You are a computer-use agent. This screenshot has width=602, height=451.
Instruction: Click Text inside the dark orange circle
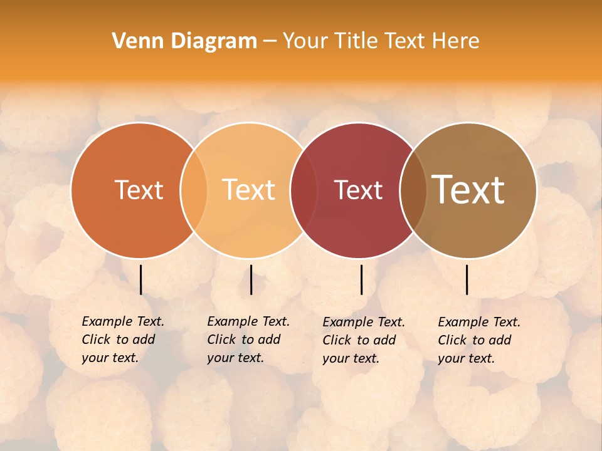tap(139, 190)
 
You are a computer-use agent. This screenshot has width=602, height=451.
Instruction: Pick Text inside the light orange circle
tap(248, 190)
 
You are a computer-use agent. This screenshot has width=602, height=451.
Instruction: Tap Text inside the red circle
tap(358, 190)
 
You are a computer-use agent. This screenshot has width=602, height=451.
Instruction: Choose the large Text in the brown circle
tap(468, 190)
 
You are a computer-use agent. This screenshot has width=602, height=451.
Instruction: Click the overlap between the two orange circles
tap(194, 190)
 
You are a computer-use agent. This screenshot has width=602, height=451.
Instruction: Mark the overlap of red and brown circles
tap(413, 190)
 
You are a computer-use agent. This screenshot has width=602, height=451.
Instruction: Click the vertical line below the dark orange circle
tap(141, 279)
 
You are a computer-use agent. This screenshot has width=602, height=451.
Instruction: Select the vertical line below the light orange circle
tap(251, 279)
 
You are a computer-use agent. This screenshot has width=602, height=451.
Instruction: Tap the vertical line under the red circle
tap(362, 279)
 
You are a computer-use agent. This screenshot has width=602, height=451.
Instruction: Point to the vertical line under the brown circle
tap(467, 279)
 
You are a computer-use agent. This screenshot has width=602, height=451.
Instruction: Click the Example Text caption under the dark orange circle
tap(123, 321)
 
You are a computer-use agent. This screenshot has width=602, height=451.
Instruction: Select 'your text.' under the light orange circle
tap(235, 358)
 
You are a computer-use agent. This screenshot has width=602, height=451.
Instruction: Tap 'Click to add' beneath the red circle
tap(359, 340)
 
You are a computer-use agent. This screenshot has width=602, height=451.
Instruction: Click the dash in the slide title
tap(270, 41)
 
